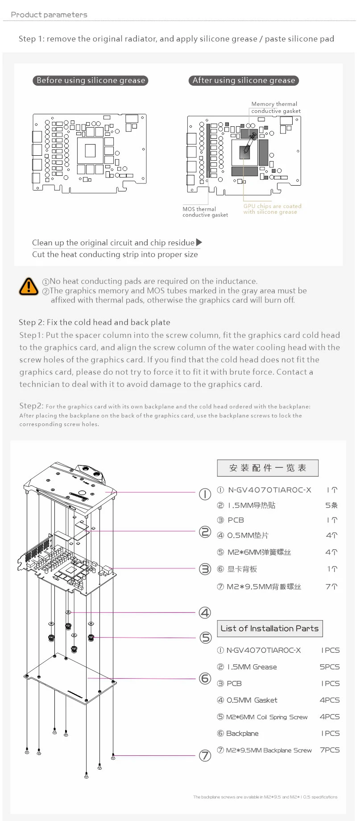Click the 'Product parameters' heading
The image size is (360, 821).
49,15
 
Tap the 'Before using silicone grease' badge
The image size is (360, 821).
91,80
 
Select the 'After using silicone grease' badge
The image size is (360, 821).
244,80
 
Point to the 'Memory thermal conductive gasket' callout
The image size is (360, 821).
275,108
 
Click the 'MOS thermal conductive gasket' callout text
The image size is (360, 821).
205,212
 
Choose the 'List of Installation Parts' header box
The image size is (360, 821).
269,628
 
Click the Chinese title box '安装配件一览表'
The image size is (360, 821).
268,468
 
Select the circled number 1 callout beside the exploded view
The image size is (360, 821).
205,494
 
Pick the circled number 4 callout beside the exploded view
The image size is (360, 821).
205,613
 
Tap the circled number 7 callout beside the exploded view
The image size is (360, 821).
205,755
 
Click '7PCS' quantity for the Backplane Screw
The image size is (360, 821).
330,750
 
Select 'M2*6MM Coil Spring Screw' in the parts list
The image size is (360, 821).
266,717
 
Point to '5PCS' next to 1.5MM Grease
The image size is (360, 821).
330,667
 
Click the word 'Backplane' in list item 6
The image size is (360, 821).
242,733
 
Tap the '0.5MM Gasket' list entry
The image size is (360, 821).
252,700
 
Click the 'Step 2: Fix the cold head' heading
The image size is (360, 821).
95,322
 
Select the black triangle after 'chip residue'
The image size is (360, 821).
199,242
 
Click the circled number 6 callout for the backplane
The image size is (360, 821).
205,678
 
